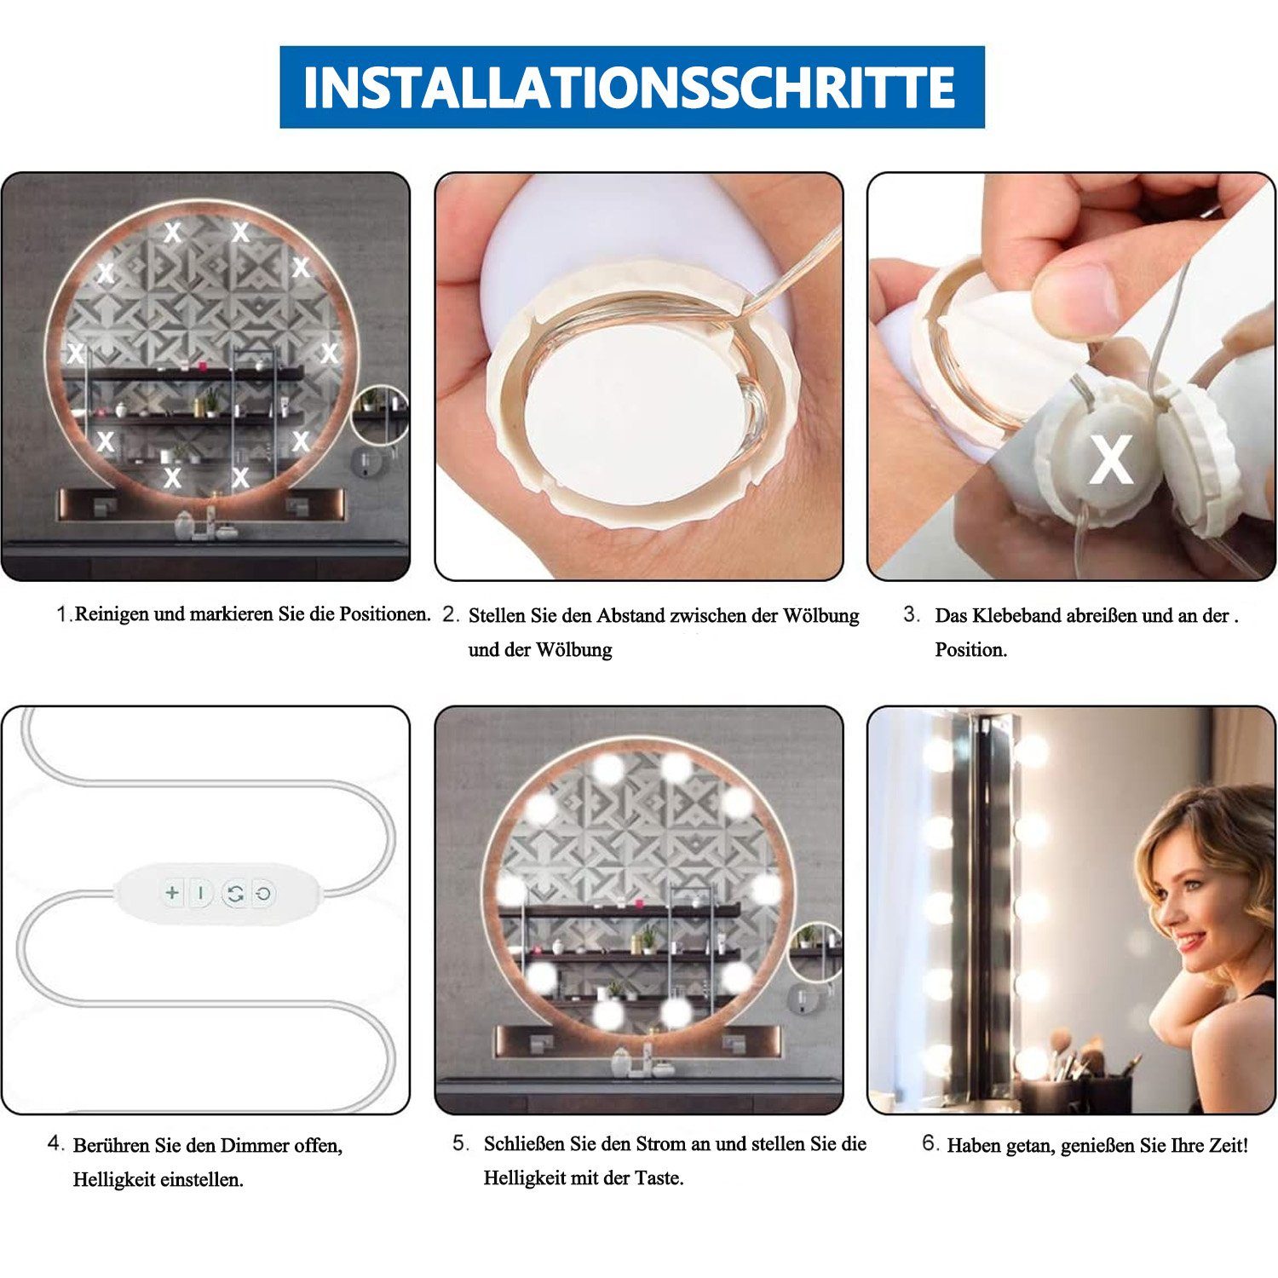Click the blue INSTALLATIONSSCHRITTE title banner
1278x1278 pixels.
click(x=631, y=87)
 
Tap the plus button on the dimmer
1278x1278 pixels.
click(x=172, y=892)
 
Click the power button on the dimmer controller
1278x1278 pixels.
click(x=264, y=894)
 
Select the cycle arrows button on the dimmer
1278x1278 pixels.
click(x=235, y=894)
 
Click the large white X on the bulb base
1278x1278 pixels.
click(x=1110, y=460)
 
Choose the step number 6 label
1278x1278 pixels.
click(x=930, y=1143)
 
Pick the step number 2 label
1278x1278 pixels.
click(x=451, y=615)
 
